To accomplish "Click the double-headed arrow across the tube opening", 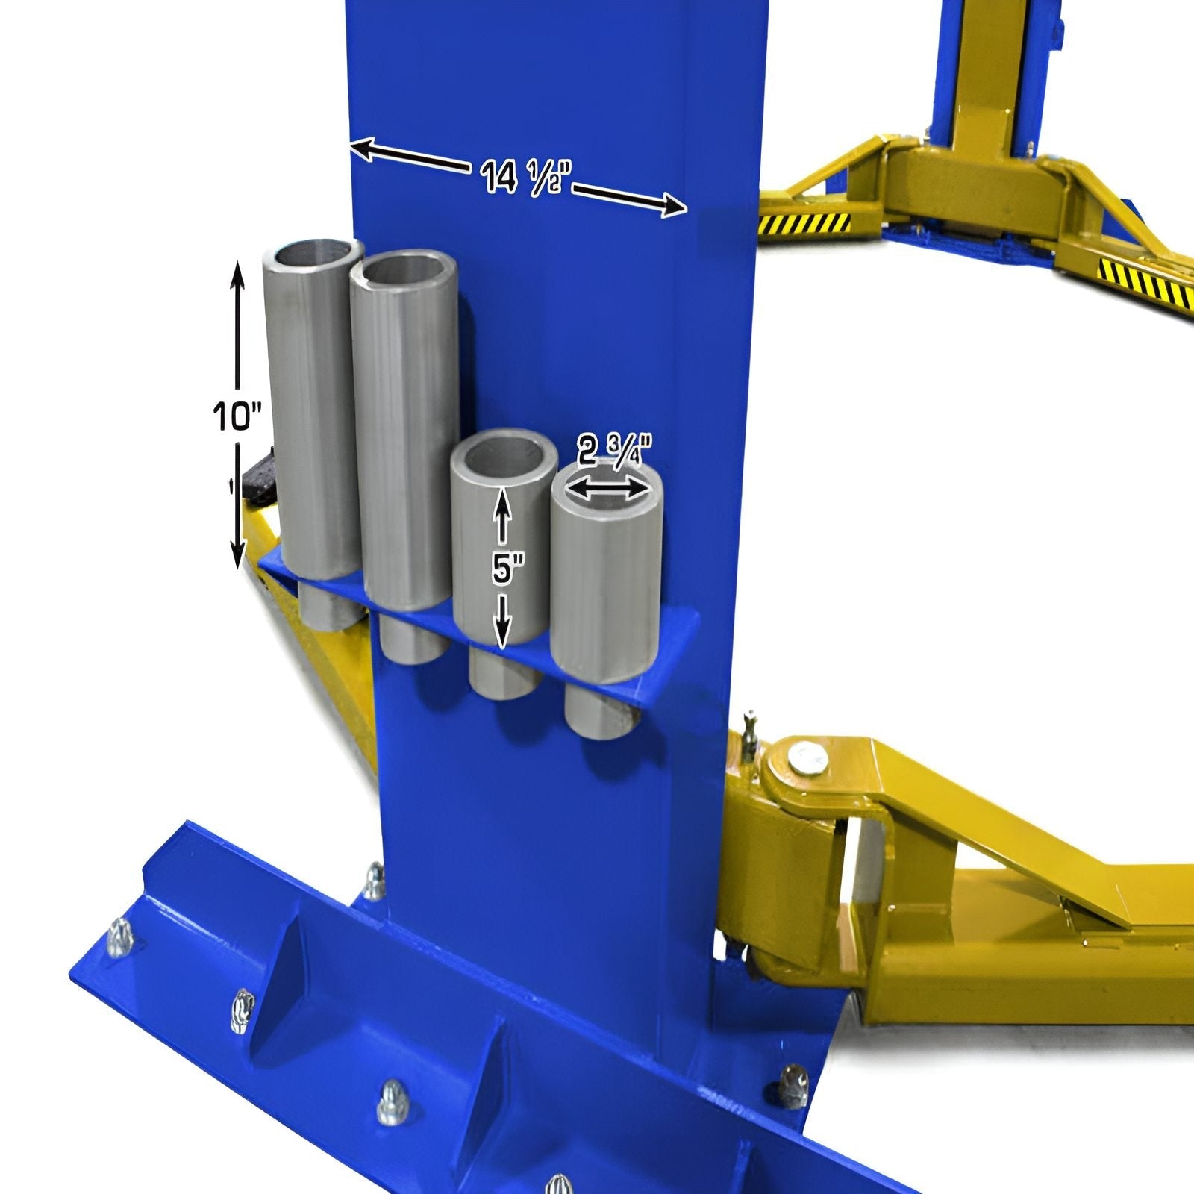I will click(x=606, y=490).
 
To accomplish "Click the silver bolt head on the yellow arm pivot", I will click(x=804, y=759).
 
